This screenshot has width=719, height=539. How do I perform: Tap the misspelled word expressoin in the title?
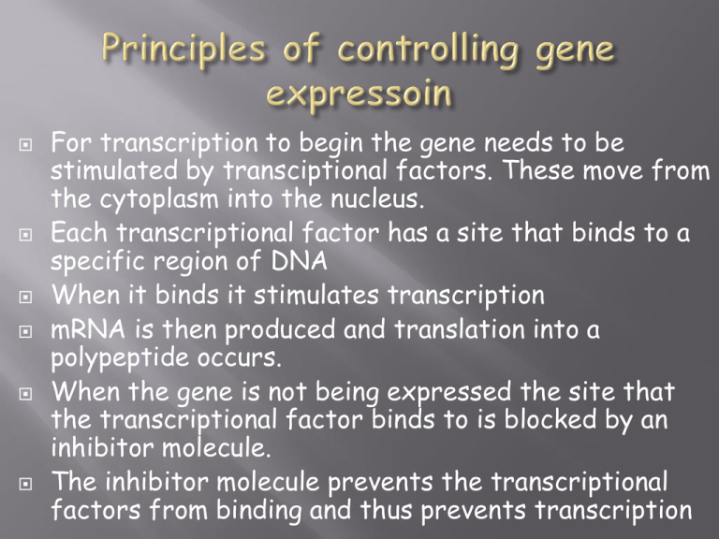pos(359,94)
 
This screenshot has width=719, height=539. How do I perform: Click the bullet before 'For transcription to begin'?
pos(25,145)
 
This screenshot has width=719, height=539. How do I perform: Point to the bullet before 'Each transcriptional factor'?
pos(25,235)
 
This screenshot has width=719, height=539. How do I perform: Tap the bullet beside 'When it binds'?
pos(25,297)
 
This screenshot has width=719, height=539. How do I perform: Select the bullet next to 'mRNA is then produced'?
pos(25,331)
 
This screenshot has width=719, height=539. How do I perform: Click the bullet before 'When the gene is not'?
pos(25,394)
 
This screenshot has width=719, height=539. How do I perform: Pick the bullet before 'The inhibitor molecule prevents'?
pos(25,484)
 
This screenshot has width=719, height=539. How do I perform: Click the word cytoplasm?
pos(159,200)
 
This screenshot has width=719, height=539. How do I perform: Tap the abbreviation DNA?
pos(299,261)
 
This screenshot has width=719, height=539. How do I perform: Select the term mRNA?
pos(88,329)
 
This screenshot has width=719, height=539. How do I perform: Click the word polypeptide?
pos(120,359)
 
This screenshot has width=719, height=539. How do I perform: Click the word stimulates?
pos(315,295)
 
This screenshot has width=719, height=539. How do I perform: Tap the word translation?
pos(460,329)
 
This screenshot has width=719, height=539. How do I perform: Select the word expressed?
pos(449,393)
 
